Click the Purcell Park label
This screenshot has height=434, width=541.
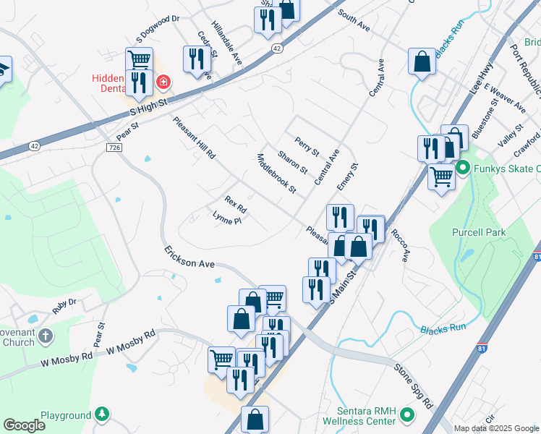pos(478,232)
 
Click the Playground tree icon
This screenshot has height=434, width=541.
pos(103,414)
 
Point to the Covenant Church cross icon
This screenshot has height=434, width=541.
pos(45,336)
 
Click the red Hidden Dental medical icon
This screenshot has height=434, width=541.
pos(163,82)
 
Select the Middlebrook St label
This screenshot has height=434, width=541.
pos(277,174)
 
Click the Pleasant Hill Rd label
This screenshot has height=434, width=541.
pos(194,137)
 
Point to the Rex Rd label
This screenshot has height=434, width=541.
pos(236,205)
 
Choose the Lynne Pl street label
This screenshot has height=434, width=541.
pos(226,218)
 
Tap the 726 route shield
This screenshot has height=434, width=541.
pos(114,148)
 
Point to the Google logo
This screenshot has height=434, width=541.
pos(25,425)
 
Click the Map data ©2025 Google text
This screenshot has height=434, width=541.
pos(495,428)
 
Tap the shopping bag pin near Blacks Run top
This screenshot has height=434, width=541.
pos(422,62)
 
